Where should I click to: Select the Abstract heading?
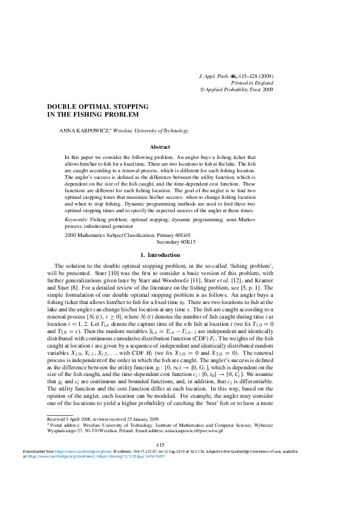[x=160, y=147]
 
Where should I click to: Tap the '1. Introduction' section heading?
[x=160, y=255]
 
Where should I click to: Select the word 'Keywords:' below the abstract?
[x=77, y=220]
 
